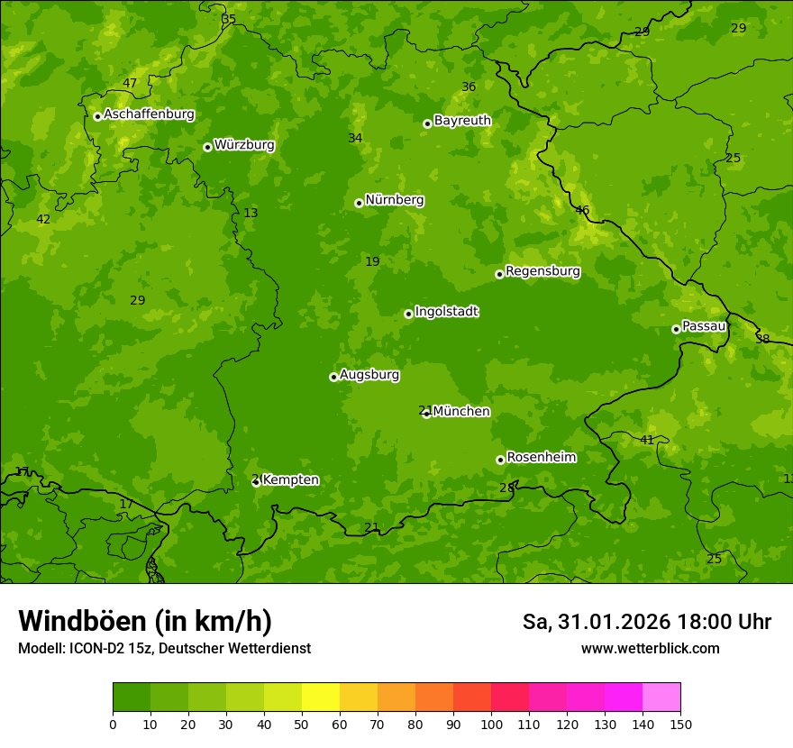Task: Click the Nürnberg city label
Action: pyautogui.click(x=394, y=200)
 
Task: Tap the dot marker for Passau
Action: pyautogui.click(x=676, y=329)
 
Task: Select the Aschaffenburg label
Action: pyautogui.click(x=149, y=114)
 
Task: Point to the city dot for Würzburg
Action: pyautogui.click(x=207, y=147)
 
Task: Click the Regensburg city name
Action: pyautogui.click(x=542, y=271)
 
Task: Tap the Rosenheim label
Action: pyautogui.click(x=541, y=458)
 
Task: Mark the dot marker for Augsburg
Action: pyautogui.click(x=333, y=377)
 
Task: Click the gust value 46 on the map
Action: pyautogui.click(x=582, y=211)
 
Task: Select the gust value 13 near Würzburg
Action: pyautogui.click(x=251, y=214)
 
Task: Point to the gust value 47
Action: pyautogui.click(x=130, y=84)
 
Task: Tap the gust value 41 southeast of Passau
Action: pyautogui.click(x=647, y=440)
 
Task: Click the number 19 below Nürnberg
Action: pyautogui.click(x=372, y=262)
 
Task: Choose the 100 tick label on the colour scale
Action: pyautogui.click(x=491, y=724)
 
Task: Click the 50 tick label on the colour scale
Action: pyautogui.click(x=302, y=724)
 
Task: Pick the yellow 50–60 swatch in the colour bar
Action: pyautogui.click(x=321, y=698)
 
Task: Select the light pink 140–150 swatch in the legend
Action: pyautogui.click(x=661, y=698)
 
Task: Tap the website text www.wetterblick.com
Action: pyautogui.click(x=650, y=648)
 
